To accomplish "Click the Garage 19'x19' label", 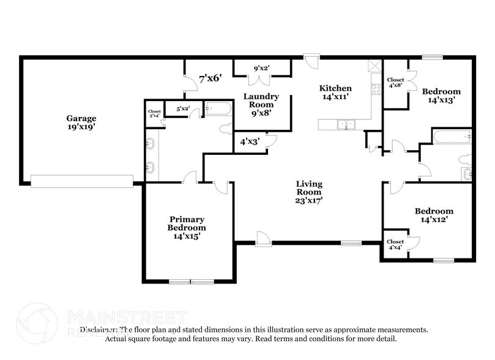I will (81, 123).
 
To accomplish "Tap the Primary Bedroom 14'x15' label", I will (187, 228).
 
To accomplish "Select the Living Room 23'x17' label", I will (309, 192).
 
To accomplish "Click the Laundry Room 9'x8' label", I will (261, 105).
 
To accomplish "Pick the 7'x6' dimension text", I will (210, 78).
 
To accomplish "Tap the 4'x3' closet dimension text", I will (249, 141).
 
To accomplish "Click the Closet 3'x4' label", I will (154, 113).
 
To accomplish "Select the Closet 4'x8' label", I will (395, 83).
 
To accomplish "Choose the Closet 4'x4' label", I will (395, 245).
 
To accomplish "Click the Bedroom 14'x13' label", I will (440, 94).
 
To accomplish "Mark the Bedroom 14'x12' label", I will (437, 215).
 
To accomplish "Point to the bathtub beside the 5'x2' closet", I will (218, 109).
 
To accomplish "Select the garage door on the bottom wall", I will (82, 181).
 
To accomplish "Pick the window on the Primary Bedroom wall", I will (189, 282).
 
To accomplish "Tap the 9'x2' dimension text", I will (262, 68).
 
